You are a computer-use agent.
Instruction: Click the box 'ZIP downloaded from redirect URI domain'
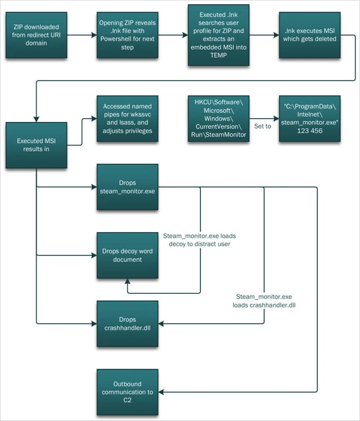[x=37, y=36]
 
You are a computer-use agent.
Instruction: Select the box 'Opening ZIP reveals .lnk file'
[x=127, y=36]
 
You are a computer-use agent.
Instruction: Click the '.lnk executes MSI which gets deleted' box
[x=309, y=36]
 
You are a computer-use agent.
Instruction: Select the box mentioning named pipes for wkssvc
[x=127, y=119]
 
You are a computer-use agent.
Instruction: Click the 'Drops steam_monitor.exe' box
[x=127, y=186]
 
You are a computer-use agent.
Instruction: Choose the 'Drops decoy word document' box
[x=127, y=255]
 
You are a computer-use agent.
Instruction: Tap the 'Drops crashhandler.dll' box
[x=127, y=323]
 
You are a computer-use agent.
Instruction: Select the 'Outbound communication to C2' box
[x=127, y=392]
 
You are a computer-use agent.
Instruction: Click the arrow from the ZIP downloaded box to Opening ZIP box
[x=81, y=36]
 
